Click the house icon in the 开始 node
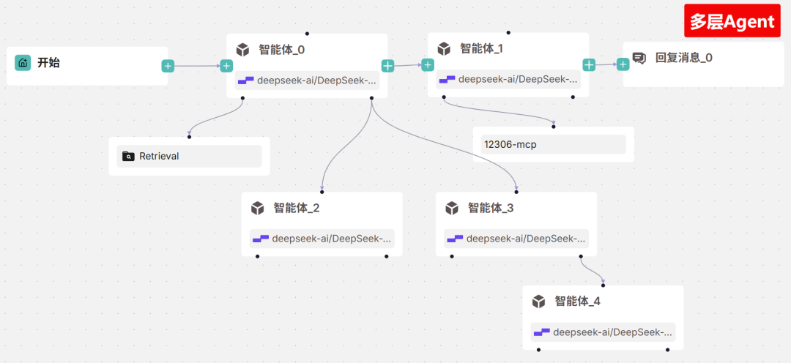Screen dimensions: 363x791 23,63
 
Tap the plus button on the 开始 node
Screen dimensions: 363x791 168,66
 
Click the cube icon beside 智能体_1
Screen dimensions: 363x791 443,49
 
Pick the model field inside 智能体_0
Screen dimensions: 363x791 308,81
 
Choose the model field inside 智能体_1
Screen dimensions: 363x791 508,80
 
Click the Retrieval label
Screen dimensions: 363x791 159,156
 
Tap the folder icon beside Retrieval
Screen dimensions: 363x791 129,156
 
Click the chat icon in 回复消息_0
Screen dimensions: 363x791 639,58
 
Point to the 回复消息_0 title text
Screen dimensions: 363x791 683,58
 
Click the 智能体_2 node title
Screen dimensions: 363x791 297,208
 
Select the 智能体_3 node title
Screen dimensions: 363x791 491,208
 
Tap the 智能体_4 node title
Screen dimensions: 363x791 578,301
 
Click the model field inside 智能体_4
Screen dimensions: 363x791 603,332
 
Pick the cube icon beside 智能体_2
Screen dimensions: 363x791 257,209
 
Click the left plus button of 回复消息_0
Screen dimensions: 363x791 623,64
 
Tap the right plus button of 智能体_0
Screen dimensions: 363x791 387,66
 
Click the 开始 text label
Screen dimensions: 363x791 48,63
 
